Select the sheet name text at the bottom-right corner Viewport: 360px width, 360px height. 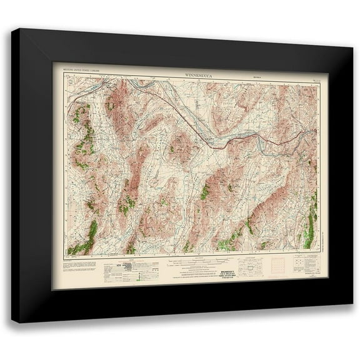(307, 272)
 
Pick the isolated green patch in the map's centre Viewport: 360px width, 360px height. (204, 191)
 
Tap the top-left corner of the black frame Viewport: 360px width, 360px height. (12, 29)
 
